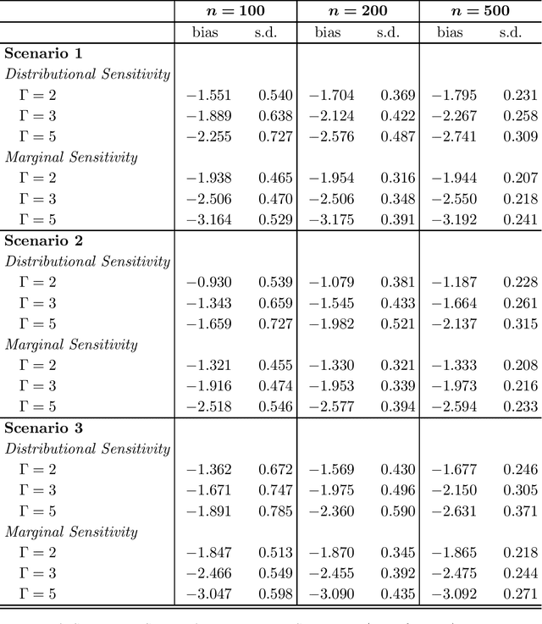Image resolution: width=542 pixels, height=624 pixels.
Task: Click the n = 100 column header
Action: coord(235,11)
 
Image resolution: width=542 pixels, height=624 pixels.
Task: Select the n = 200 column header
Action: coord(357,11)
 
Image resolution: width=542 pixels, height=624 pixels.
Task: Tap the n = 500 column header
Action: coord(479,11)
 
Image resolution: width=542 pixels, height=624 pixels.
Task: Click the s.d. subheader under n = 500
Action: coord(510,33)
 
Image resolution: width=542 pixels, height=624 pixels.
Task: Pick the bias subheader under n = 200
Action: coord(328,33)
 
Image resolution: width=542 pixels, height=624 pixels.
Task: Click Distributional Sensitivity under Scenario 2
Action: coord(88,262)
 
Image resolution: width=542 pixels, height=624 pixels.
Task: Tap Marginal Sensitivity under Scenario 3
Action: coord(71,532)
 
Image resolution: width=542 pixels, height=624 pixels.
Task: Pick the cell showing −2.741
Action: coord(453,136)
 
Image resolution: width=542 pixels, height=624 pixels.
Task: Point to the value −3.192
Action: coord(453,219)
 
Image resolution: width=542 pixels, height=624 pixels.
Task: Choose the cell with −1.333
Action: coord(453,365)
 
